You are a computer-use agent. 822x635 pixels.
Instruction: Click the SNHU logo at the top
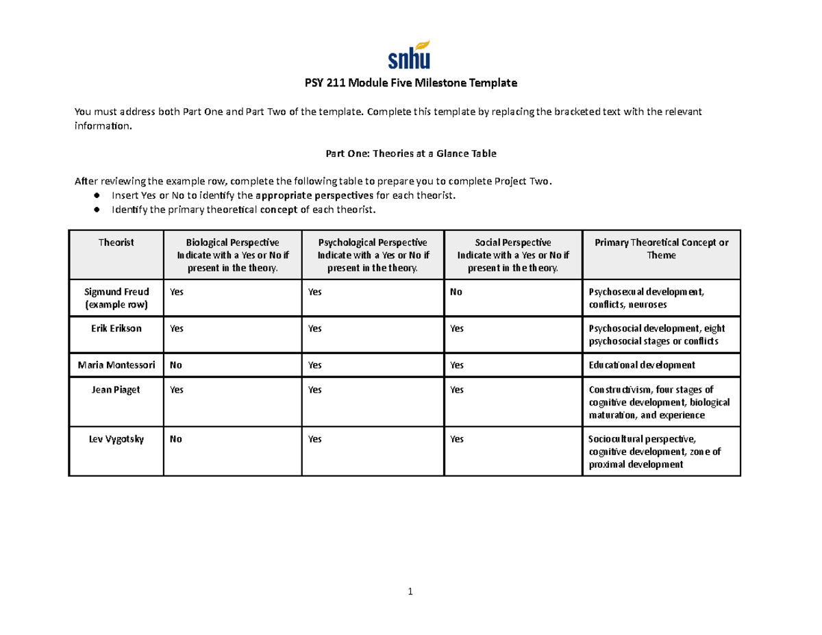click(x=410, y=55)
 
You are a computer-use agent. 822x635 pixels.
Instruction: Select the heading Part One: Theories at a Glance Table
click(x=410, y=154)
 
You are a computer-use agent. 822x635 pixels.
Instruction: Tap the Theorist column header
click(x=116, y=242)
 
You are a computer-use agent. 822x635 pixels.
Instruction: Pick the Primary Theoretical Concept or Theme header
click(x=661, y=249)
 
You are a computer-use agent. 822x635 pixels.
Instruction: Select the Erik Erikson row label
click(x=116, y=328)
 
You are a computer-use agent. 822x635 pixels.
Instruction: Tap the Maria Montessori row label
click(x=116, y=364)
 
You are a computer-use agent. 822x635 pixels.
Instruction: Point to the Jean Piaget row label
click(x=116, y=390)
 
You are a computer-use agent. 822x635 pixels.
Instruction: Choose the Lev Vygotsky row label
click(x=116, y=440)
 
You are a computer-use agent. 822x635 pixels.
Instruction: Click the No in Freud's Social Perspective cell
click(x=456, y=292)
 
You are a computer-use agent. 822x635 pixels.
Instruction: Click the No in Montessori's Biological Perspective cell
click(x=176, y=365)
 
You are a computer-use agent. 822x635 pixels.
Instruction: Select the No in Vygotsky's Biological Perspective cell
click(x=176, y=440)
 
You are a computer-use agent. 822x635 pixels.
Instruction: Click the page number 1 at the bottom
click(x=410, y=592)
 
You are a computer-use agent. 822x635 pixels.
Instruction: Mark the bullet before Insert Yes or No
click(x=98, y=196)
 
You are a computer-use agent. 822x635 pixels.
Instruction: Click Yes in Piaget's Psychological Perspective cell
click(x=315, y=390)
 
